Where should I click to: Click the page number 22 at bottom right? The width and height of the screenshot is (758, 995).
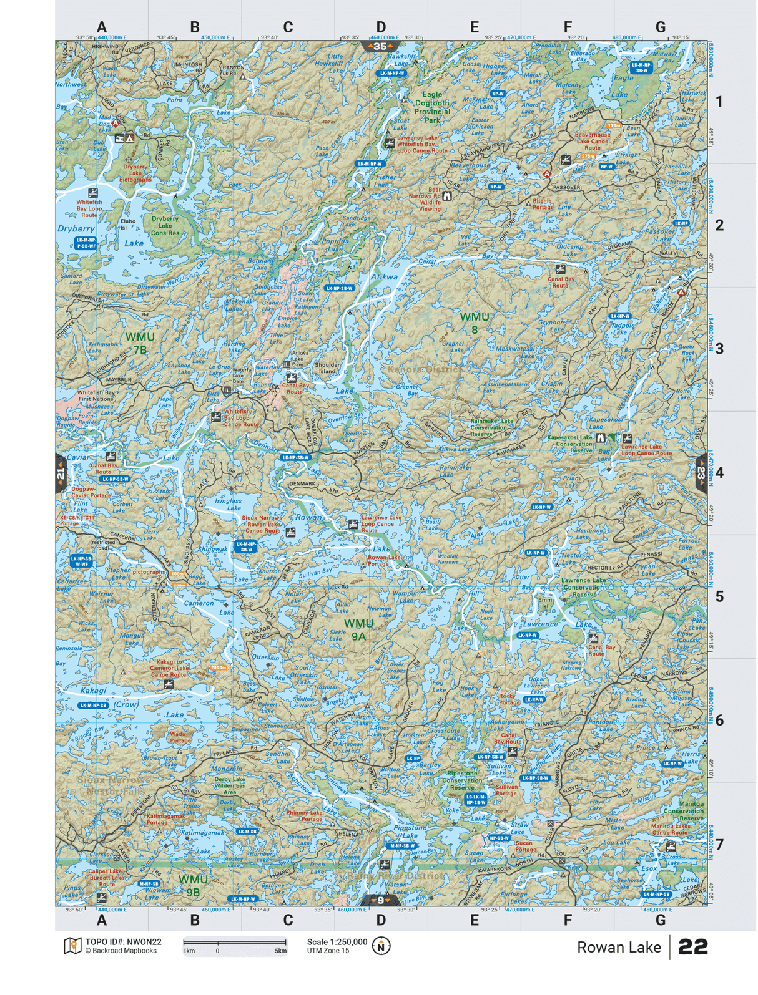(693, 947)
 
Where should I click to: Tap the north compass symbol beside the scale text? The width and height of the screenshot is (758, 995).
(381, 946)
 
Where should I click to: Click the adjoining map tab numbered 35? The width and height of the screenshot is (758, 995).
(380, 46)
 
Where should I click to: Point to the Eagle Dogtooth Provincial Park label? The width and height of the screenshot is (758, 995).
(432, 107)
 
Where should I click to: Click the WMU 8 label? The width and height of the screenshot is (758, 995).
(475, 323)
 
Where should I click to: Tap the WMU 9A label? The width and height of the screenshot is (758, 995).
(358, 629)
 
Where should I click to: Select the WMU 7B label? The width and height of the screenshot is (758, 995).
(140, 343)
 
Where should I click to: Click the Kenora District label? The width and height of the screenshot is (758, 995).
(425, 369)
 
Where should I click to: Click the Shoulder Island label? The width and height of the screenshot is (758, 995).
(327, 368)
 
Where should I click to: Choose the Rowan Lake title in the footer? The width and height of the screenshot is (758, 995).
(618, 947)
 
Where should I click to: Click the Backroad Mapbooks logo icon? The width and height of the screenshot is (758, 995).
(72, 946)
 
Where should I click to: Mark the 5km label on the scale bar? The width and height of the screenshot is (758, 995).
(280, 951)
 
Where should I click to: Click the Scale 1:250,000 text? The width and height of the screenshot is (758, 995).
(337, 942)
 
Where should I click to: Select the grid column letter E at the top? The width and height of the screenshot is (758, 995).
(475, 27)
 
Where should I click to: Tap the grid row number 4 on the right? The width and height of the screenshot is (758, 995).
(719, 473)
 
